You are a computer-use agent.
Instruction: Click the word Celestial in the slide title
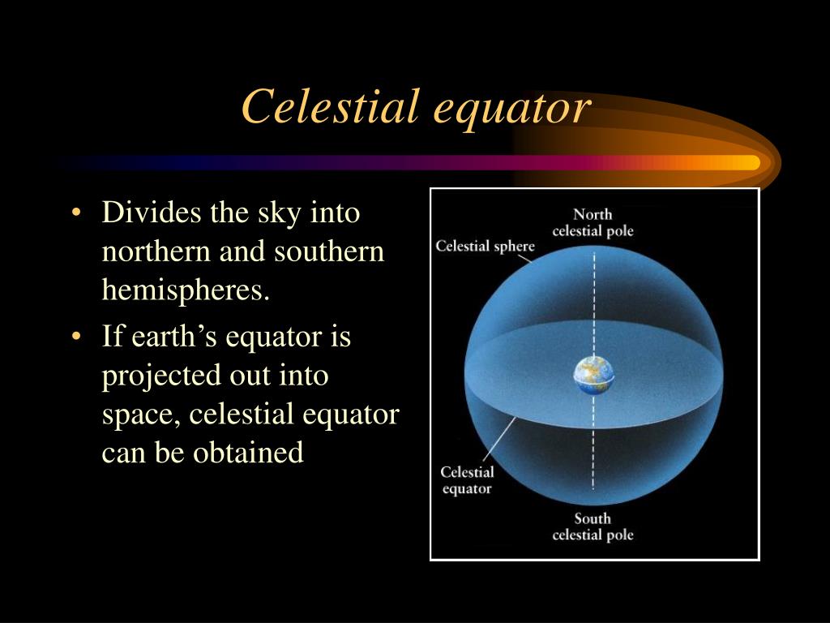(331, 106)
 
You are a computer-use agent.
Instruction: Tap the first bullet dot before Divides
(77, 213)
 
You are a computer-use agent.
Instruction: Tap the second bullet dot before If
(77, 337)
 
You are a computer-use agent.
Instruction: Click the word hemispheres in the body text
(186, 290)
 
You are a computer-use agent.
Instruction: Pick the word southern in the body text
(329, 251)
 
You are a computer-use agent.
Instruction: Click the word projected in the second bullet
(161, 376)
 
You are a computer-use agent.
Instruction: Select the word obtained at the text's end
(248, 453)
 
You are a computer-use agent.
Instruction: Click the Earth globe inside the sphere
(594, 375)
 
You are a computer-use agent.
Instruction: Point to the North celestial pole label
(593, 222)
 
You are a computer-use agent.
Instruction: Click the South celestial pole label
(593, 526)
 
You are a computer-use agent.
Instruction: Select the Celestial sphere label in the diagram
(485, 247)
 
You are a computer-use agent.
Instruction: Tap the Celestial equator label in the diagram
(468, 480)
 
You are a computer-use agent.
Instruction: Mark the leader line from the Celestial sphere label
(524, 258)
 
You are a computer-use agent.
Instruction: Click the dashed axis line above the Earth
(594, 304)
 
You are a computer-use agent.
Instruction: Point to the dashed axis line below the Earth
(593, 442)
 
